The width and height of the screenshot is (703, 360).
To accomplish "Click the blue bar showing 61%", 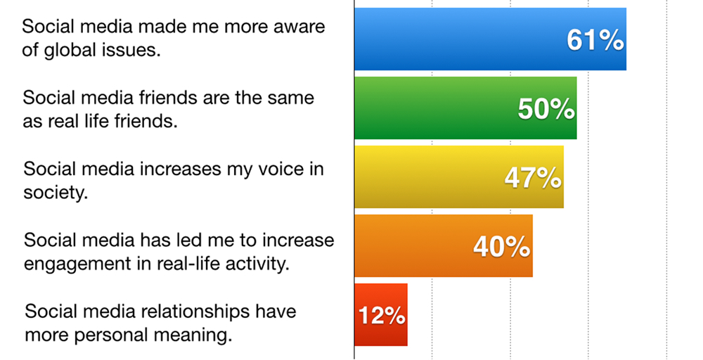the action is tap(490, 39).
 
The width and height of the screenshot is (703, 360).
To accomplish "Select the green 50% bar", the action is tap(465, 108).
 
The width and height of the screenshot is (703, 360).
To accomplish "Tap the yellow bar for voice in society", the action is tap(458, 177).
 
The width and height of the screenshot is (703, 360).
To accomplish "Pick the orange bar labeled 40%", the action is tap(444, 245).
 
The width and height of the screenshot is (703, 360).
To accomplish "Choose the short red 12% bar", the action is tap(380, 315).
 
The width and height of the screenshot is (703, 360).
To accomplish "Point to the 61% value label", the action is tap(595, 40).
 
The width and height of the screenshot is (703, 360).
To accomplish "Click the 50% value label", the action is tap(546, 109).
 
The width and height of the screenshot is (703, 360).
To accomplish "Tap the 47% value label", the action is tap(533, 178).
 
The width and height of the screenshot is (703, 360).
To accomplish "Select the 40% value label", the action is tap(502, 247).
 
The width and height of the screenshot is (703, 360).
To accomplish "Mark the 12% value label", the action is tap(382, 316).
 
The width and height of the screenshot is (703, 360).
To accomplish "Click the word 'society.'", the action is tap(56, 193).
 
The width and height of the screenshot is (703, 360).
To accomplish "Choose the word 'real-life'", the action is tap(188, 264).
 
